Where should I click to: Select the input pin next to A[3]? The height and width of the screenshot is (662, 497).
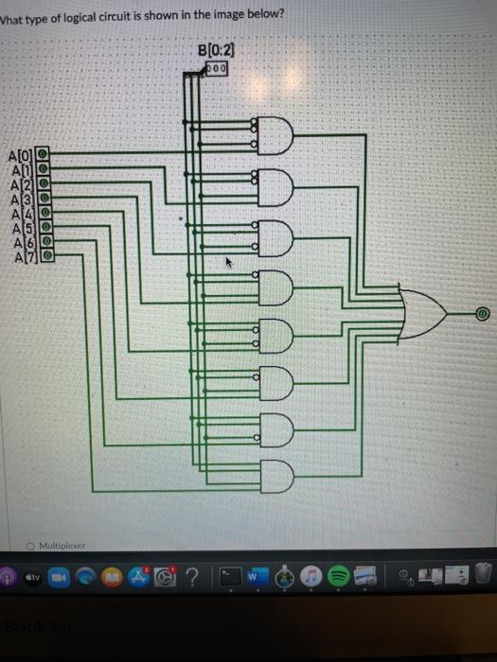tap(43, 200)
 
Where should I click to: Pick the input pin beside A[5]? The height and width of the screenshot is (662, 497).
tap(44, 227)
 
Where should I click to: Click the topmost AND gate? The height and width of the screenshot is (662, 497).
tap(271, 137)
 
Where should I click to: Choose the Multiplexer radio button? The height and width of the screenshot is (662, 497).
tap(31, 546)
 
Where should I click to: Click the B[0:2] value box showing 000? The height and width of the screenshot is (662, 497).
tap(215, 69)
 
